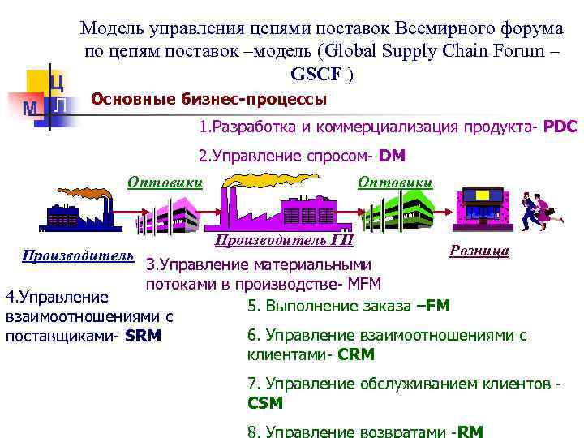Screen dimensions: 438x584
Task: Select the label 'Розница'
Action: coord(479,251)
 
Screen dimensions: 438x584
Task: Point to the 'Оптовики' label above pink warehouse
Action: coord(165,182)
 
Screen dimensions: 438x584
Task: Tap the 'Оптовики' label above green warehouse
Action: coord(395,182)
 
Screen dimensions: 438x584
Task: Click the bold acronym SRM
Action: coord(144,335)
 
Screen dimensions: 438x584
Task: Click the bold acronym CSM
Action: coord(265,403)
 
